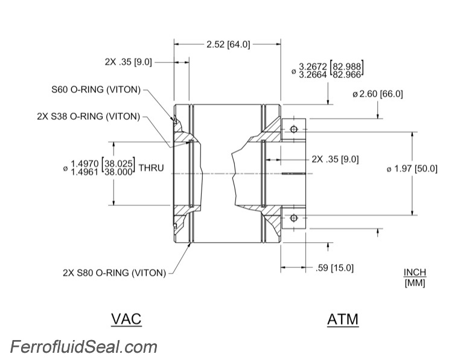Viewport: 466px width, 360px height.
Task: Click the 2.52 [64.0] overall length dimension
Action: [x=228, y=44]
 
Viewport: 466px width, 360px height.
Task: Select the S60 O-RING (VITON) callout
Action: [x=96, y=90]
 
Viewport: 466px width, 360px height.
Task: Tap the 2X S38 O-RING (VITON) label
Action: [x=88, y=116]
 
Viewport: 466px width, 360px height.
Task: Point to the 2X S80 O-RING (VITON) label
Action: [x=113, y=272]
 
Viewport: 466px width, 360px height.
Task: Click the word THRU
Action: [x=151, y=167]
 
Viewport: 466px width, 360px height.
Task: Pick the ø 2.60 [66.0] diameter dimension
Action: [x=377, y=94]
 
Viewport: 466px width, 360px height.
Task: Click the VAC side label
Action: [x=126, y=318]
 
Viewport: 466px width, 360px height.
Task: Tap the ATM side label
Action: [x=342, y=318]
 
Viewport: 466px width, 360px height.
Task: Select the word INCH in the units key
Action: [x=415, y=272]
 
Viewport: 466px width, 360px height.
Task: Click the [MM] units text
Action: [x=415, y=282]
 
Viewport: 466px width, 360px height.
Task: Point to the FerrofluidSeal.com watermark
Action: [x=84, y=347]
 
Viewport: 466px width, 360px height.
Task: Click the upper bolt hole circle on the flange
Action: [x=294, y=129]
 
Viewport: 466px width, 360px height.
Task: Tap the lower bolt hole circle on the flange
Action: [x=294, y=217]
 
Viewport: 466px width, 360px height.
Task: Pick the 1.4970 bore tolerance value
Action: [x=85, y=162]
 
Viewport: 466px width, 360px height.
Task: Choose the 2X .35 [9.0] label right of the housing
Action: [x=335, y=159]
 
